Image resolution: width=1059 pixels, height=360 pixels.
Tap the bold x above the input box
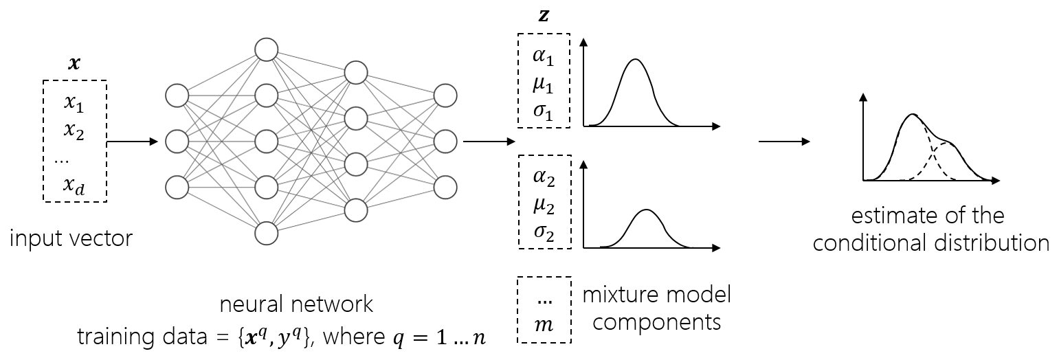(x=74, y=65)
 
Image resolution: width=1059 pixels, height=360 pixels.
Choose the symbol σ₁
(x=543, y=111)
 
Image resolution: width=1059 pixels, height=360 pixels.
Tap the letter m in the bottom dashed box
(x=544, y=324)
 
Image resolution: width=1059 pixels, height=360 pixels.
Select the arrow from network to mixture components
(x=489, y=142)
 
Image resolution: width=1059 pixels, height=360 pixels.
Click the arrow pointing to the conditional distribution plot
(x=783, y=142)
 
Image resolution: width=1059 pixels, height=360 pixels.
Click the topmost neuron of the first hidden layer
(x=266, y=49)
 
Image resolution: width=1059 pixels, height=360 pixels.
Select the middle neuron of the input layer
(x=177, y=142)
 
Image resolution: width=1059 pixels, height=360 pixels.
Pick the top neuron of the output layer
(x=445, y=95)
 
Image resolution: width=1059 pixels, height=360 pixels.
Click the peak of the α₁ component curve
(x=636, y=60)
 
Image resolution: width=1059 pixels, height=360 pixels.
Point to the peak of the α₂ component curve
(x=645, y=210)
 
